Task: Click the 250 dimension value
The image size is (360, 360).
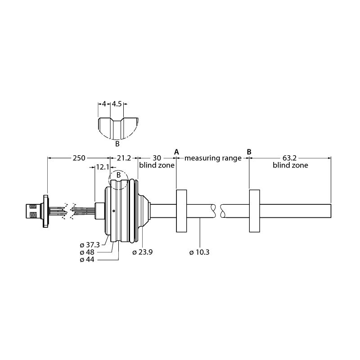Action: pos(79,158)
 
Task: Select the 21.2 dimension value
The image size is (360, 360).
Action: pos(124,158)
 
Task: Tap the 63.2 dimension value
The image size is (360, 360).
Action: pos(289,158)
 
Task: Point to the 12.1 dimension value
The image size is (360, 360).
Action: pos(103,167)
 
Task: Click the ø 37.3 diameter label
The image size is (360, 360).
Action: pos(90,245)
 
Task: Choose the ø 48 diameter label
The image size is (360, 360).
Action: pos(87,252)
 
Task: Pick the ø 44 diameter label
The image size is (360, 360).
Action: pos(87,260)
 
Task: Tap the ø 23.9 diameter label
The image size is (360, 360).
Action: pos(142,252)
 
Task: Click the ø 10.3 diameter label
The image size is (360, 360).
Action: pos(199,252)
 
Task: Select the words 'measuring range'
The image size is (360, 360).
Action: pos(213,158)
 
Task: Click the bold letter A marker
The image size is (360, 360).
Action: pos(176,152)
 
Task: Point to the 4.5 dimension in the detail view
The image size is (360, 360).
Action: pos(117,104)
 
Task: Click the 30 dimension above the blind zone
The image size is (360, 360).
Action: pos(157,158)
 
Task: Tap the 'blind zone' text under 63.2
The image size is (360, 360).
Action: pos(290,165)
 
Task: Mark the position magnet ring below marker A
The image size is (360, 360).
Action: pos(181,211)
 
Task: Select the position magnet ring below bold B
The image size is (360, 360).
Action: pos(254,211)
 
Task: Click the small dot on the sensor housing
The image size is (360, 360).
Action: pos(114,211)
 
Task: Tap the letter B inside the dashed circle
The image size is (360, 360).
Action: pos(118,175)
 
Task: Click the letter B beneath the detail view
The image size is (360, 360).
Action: pos(117,144)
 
